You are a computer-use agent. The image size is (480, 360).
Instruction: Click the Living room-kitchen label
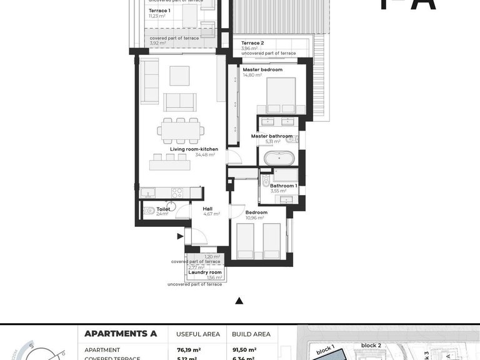[194, 149]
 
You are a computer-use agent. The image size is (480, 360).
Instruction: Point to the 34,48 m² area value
[205, 154]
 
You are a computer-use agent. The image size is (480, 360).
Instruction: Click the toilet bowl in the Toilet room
[149, 211]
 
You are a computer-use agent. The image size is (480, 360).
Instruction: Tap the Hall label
[209, 209]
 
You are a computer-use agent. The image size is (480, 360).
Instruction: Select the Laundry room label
[205, 272]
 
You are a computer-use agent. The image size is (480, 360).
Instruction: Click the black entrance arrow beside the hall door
[180, 236]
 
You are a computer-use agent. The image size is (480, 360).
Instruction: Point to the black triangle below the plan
[239, 301]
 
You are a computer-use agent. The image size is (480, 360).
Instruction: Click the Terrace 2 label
[252, 43]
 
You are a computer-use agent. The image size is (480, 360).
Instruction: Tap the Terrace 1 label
[159, 11]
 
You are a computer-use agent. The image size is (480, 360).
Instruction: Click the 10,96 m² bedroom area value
[256, 217]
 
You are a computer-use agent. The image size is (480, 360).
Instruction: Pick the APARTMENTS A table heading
[120, 334]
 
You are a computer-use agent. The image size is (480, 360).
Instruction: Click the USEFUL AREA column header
[197, 334]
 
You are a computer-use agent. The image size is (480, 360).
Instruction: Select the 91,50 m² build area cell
[244, 350]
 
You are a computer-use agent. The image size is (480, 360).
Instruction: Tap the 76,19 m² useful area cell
[188, 350]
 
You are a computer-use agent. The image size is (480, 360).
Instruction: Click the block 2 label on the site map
[371, 345]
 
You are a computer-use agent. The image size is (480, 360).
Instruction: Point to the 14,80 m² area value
[252, 75]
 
